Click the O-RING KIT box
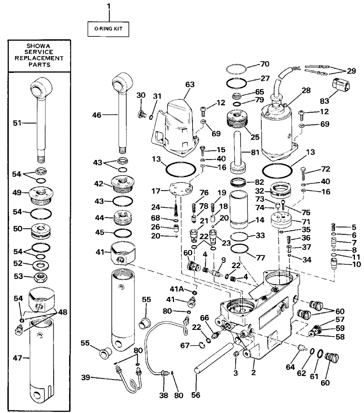tap(108, 29)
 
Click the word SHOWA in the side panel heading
tap(39, 46)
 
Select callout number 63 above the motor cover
tap(190, 84)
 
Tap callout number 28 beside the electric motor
tap(306, 90)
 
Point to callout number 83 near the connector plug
tap(325, 101)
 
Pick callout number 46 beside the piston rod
tap(97, 115)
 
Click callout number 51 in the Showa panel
tap(17, 123)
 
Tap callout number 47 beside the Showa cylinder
tap(17, 358)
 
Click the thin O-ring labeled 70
tap(236, 69)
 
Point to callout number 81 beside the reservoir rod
tap(255, 152)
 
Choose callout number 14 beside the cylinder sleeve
tap(260, 220)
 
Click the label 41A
tap(177, 289)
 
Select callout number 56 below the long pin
tap(196, 395)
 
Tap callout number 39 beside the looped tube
tap(86, 377)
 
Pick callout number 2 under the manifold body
tap(253, 373)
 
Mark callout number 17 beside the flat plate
tap(156, 191)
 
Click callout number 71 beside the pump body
tap(306, 221)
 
